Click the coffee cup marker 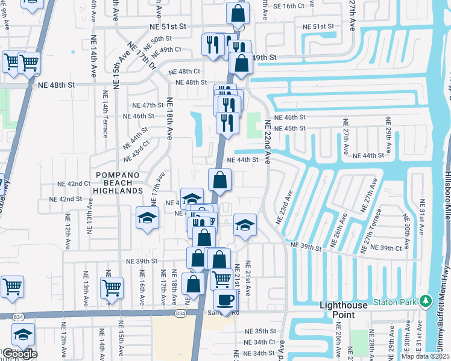(x=225, y=299)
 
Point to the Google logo (x=19, y=354)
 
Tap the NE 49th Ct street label (x=168, y=49)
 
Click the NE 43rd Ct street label (x=136, y=151)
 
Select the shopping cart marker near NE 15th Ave (x=112, y=288)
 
